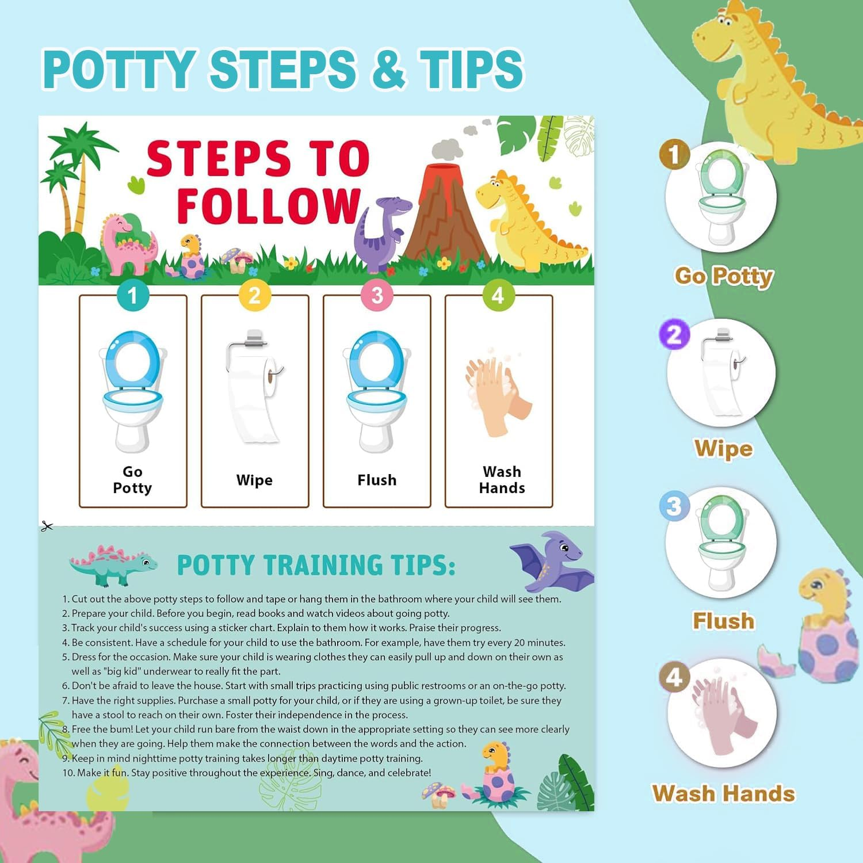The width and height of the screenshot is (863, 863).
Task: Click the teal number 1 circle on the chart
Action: (133, 295)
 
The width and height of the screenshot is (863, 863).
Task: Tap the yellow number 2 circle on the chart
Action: (254, 295)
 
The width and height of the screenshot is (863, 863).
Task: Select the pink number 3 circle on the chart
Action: (377, 295)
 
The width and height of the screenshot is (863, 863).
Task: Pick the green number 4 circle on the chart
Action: (498, 295)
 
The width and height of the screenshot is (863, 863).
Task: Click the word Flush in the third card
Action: (377, 480)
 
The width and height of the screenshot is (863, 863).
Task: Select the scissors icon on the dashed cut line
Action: (47, 526)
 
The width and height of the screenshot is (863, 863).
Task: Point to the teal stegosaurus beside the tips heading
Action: (112, 564)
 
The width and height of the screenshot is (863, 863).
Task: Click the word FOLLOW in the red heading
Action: (268, 205)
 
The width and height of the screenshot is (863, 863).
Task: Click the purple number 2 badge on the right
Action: (674, 334)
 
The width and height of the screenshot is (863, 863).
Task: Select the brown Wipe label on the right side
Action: (723, 448)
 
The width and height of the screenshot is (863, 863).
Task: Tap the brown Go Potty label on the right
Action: (724, 276)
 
